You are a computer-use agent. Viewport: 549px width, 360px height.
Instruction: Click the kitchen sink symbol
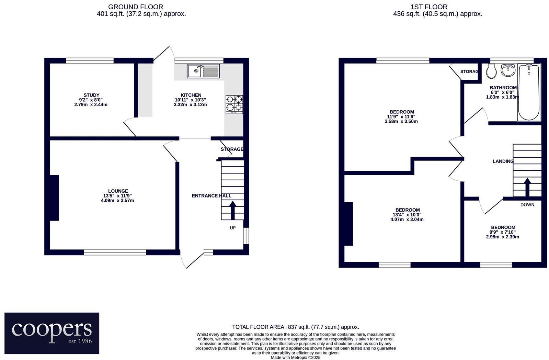pos(203,71)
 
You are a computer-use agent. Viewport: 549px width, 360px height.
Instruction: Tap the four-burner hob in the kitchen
pos(234,104)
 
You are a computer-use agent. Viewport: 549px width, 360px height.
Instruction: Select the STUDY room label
pos(91,95)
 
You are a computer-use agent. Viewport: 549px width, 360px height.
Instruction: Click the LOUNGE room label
pos(118,191)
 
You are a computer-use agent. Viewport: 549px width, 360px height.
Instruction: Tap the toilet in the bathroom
pos(491,71)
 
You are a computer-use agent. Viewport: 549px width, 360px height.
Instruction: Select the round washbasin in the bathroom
pos(508,70)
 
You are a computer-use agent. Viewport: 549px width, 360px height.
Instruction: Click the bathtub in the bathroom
pos(529,92)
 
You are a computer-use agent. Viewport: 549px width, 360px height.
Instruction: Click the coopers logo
pos(52,333)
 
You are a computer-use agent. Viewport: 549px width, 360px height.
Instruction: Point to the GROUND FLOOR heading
pos(135,7)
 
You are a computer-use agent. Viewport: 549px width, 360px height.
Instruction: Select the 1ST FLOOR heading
pos(429,7)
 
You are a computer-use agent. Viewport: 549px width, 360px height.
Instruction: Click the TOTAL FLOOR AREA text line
pos(295,327)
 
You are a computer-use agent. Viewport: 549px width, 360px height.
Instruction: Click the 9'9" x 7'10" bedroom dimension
pos(503,232)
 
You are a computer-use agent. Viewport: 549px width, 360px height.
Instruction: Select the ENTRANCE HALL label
pos(211,196)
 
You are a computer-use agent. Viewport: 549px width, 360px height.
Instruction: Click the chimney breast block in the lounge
pos(55,198)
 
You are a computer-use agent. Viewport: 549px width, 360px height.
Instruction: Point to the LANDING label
pos(503,161)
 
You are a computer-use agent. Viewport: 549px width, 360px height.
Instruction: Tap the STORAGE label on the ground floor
pos(232,149)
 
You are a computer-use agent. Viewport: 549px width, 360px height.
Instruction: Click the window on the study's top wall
pos(90,60)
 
